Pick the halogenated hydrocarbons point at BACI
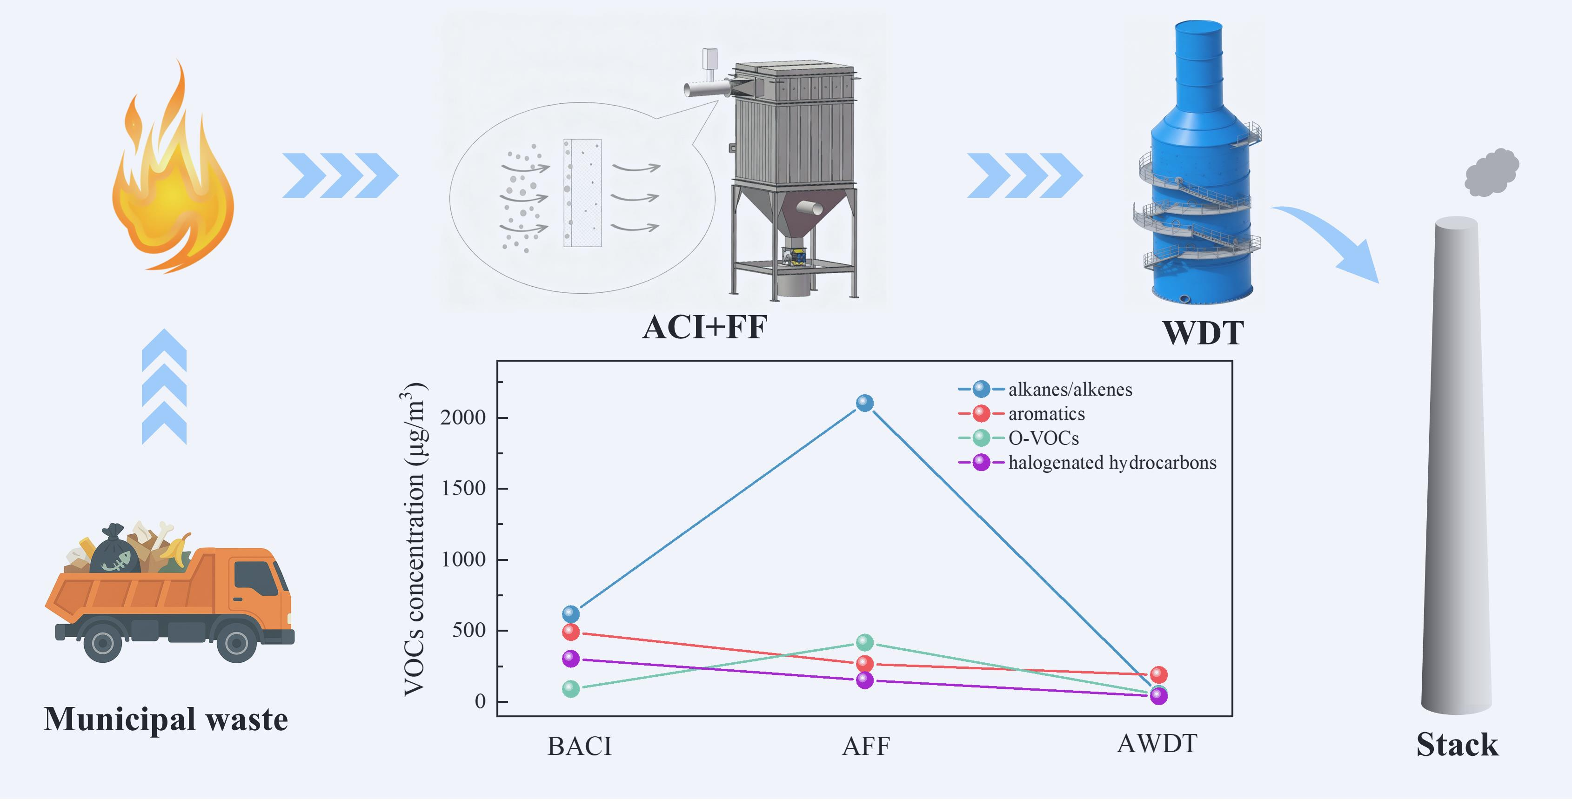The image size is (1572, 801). [570, 659]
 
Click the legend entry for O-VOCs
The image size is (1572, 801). [1043, 438]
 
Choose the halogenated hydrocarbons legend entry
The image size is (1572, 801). [1111, 463]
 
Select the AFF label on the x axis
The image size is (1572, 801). [866, 746]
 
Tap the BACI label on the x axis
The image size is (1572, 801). [579, 746]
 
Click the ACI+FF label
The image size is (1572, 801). [705, 327]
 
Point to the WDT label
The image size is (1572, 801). [1203, 333]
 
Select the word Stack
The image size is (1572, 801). [1457, 745]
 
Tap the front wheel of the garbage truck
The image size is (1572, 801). [236, 642]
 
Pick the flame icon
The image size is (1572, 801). [172, 177]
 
